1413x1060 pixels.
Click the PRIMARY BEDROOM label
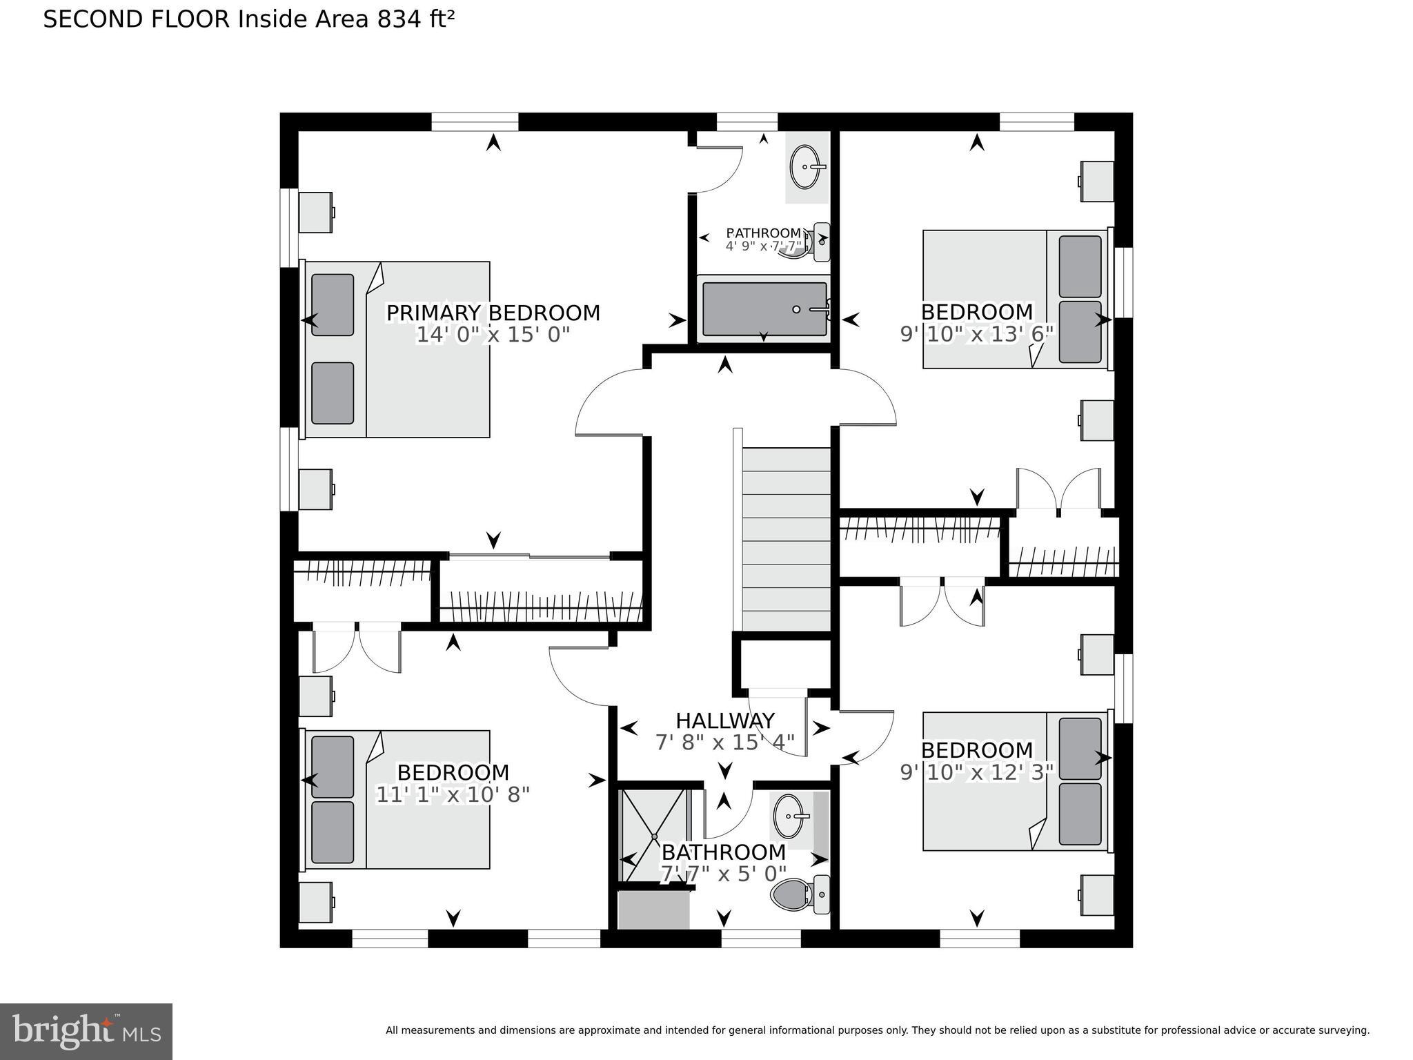tap(493, 313)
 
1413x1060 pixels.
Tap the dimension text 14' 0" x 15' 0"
tap(493, 335)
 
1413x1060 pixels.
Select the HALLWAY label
tap(724, 720)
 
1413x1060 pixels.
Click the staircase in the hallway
tap(786, 538)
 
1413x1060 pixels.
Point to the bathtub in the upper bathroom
tap(764, 309)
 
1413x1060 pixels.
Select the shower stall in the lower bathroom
tap(654, 835)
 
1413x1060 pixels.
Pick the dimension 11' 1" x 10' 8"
tap(453, 794)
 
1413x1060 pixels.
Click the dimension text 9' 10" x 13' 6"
tap(977, 334)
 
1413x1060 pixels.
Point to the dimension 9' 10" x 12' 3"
tap(977, 772)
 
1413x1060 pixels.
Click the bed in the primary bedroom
tap(397, 349)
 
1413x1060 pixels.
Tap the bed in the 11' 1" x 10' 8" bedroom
tap(397, 799)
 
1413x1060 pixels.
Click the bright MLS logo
tap(86, 1031)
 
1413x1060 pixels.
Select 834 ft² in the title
tap(415, 19)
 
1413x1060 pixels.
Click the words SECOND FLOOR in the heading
tap(136, 19)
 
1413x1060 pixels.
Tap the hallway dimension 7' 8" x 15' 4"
tap(724, 743)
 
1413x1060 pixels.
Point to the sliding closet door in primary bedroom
tap(530, 556)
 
